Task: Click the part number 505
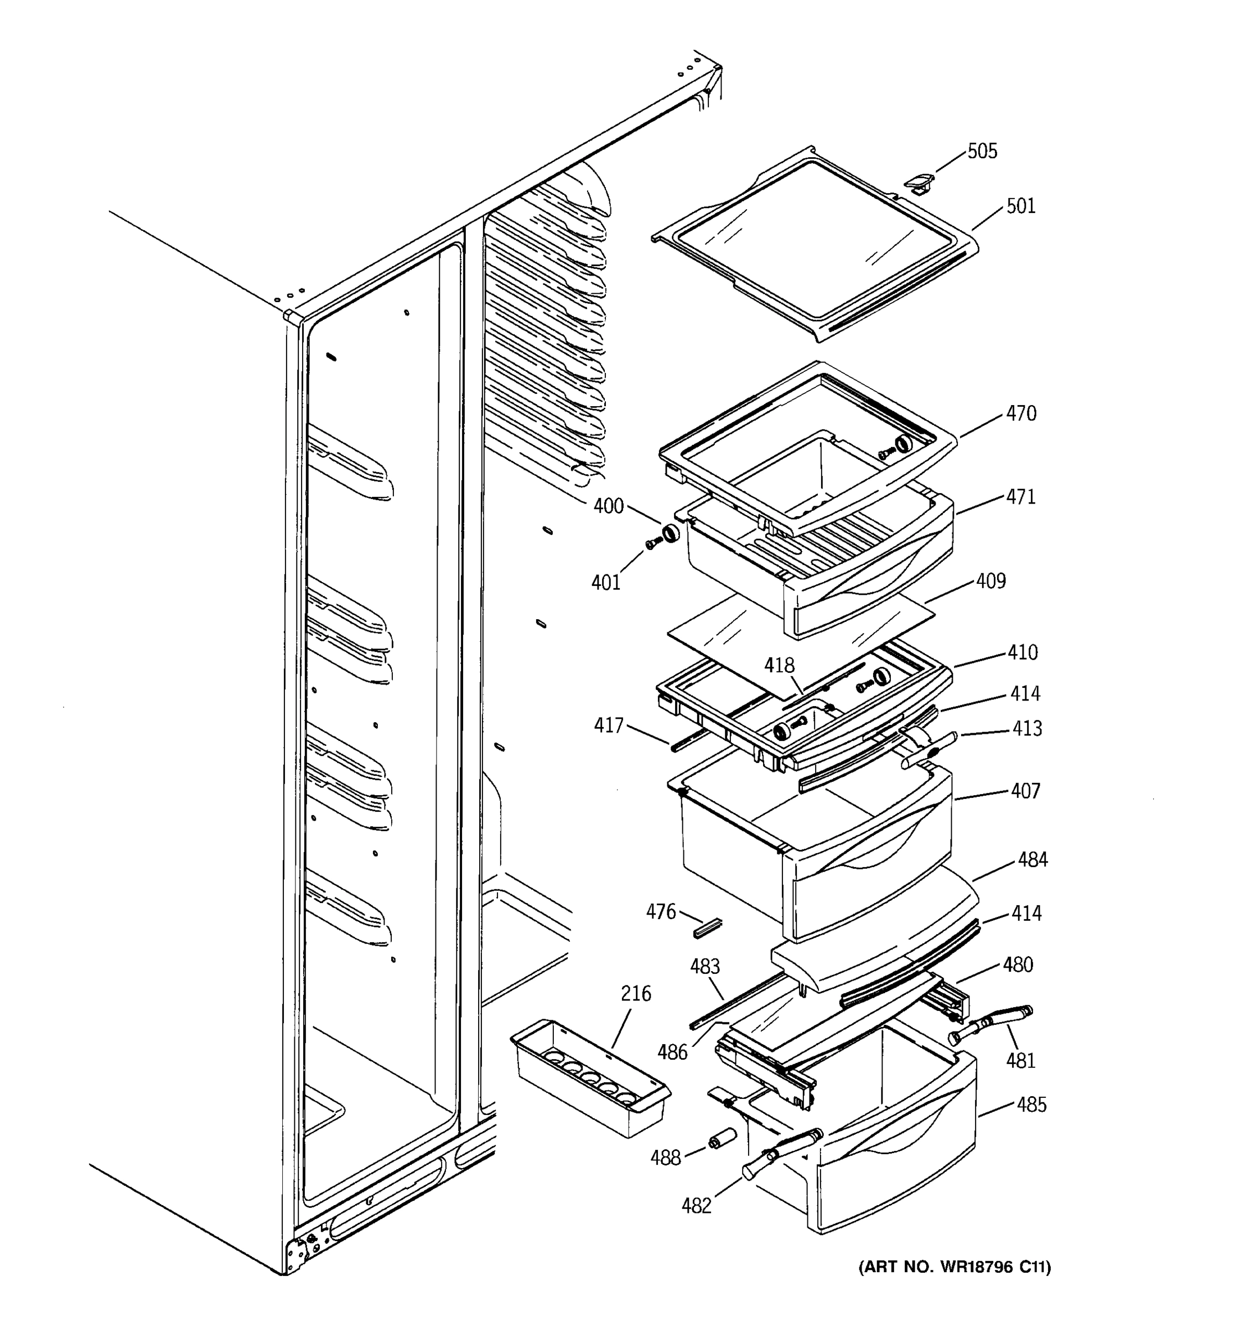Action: click(983, 152)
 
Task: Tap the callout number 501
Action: click(1020, 206)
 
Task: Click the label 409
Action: click(990, 581)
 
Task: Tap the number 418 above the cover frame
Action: click(780, 665)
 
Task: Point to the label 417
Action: click(609, 725)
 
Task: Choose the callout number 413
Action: click(1026, 728)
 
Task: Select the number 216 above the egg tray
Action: click(636, 994)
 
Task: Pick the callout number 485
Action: click(1031, 1105)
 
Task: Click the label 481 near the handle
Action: click(1020, 1060)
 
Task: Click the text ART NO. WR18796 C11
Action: click(954, 1267)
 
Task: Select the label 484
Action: click(1033, 860)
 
